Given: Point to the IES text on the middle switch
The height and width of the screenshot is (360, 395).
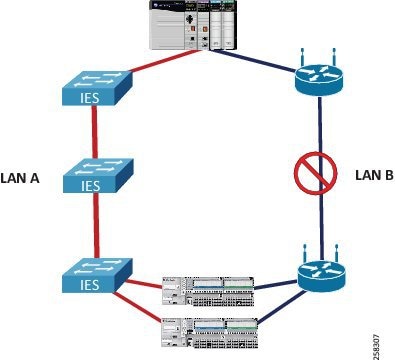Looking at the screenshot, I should [91, 187].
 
